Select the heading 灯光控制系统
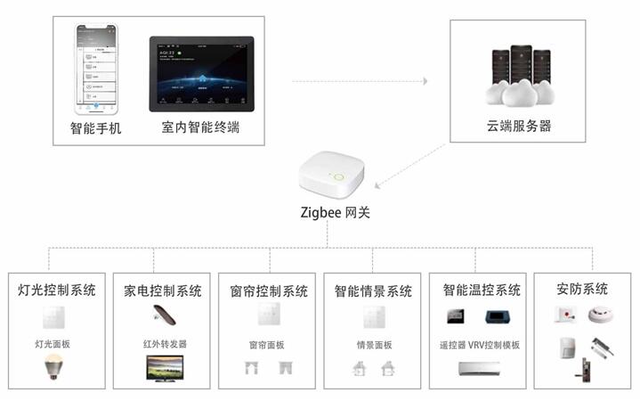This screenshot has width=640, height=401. pyautogui.click(x=57, y=290)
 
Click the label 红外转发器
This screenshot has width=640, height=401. pyautogui.click(x=164, y=344)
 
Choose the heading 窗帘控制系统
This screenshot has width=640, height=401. pyautogui.click(x=268, y=291)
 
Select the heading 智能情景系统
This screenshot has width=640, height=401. pyautogui.click(x=374, y=291)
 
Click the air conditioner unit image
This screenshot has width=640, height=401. pyautogui.click(x=480, y=369)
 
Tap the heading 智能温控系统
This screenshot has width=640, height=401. pyautogui.click(x=481, y=291)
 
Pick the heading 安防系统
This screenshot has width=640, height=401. pyautogui.click(x=583, y=290)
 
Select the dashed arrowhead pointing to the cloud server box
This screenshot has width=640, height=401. pyautogui.click(x=425, y=81)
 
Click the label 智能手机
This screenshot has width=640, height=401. pyautogui.click(x=96, y=128)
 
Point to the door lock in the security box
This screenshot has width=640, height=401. pyautogui.click(x=588, y=369)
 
